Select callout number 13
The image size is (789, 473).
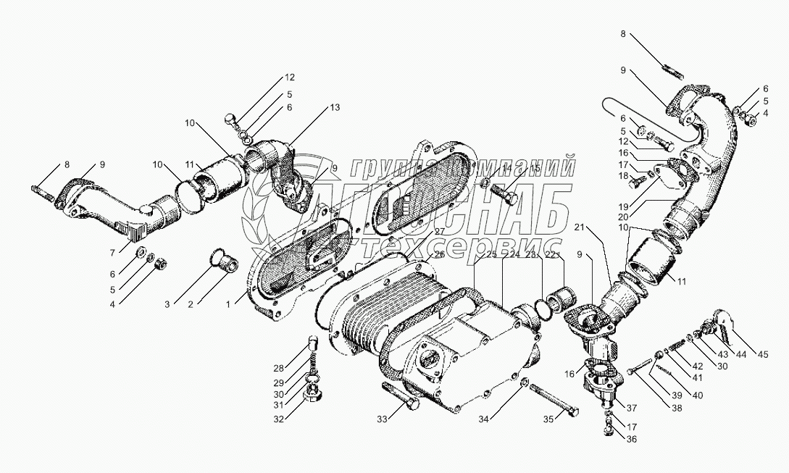[x=334, y=108]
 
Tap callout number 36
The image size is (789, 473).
[x=632, y=439]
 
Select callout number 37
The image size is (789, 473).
[x=632, y=407]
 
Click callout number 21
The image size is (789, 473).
[x=579, y=227]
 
